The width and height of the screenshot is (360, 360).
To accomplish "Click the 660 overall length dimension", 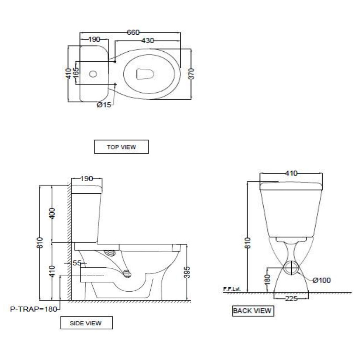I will (133, 32).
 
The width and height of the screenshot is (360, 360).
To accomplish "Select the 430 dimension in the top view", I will (147, 40).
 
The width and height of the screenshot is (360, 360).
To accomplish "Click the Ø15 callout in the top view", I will (104, 105).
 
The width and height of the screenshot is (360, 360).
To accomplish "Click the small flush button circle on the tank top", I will (93, 74).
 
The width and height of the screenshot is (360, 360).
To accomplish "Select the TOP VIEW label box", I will (121, 147).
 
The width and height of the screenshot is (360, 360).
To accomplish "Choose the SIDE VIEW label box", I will (86, 323).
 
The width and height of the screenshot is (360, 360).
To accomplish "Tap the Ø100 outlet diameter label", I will (321, 280).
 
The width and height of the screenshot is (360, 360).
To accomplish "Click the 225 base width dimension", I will (291, 299).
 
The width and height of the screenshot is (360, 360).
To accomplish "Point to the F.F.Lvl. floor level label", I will (232, 289).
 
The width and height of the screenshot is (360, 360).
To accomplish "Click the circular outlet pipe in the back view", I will (291, 267).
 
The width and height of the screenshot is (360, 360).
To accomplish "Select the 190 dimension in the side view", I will (87, 179).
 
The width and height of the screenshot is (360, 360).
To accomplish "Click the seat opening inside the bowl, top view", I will (145, 74).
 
